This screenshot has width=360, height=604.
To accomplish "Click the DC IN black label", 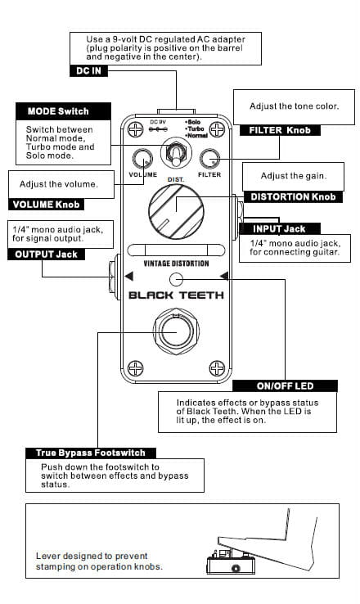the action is (x=88, y=70).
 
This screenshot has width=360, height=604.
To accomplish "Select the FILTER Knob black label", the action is (x=280, y=130).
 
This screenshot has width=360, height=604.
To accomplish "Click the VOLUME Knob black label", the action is (x=46, y=204).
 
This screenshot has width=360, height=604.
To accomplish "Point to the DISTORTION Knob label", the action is (x=293, y=197).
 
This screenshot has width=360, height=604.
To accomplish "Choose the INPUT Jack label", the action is (x=280, y=229).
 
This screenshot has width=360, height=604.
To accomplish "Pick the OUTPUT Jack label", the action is (x=46, y=255).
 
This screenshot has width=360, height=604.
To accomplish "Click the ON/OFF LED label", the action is (x=285, y=386).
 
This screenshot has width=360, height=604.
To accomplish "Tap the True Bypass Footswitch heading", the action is (x=91, y=453).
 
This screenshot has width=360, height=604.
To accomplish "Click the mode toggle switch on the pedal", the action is (x=176, y=153).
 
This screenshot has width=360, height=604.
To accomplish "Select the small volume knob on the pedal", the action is (x=142, y=158).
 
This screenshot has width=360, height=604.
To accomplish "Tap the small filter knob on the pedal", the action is (x=209, y=158).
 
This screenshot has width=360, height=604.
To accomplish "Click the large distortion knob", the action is (x=176, y=211).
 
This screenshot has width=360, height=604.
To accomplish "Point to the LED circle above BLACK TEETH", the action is (x=177, y=279).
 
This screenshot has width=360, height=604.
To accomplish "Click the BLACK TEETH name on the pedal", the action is (x=176, y=295).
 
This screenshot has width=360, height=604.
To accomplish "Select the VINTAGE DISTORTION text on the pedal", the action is (x=176, y=264).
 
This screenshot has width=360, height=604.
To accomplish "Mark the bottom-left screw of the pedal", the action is (x=136, y=368).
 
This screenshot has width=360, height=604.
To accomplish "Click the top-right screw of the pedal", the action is (x=217, y=129).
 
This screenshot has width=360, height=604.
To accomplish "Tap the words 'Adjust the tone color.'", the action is (x=295, y=106).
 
